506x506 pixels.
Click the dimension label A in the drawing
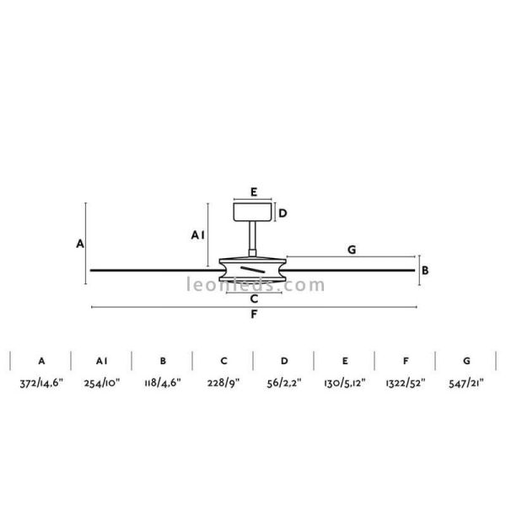tap(79, 244)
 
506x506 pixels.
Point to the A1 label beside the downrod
tap(198, 236)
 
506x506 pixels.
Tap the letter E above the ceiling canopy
tap(253, 192)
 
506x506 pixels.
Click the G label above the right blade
tap(351, 249)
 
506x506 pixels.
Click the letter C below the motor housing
tap(253, 299)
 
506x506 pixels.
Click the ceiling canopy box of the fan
tap(252, 212)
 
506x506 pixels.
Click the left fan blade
tap(152, 270)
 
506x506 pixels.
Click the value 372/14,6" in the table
tap(40, 384)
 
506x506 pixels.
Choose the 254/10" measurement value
tap(101, 384)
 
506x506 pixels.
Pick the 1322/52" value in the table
tap(406, 384)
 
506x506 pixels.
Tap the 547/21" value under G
tap(466, 384)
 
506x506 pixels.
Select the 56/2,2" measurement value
tap(284, 384)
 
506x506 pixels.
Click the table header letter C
tap(223, 360)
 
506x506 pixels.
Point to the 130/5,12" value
tap(345, 384)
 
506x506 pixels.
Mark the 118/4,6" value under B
tap(162, 384)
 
